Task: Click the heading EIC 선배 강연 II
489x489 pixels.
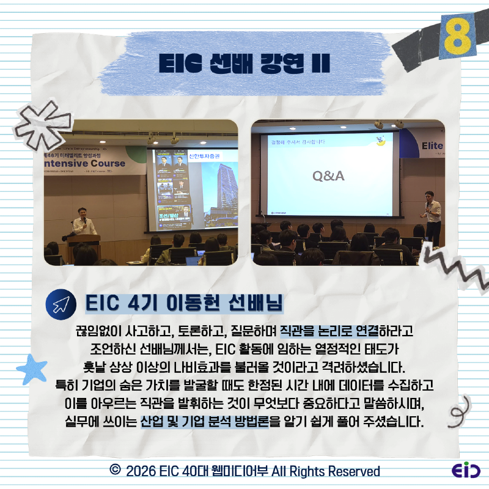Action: click(x=244, y=62)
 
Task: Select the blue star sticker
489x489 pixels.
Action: click(x=31, y=369)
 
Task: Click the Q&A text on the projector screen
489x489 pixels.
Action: click(x=328, y=176)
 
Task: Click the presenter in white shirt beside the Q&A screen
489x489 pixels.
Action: click(x=433, y=214)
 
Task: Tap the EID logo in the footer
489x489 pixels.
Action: click(x=465, y=471)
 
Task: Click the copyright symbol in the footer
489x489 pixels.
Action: click(x=114, y=471)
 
